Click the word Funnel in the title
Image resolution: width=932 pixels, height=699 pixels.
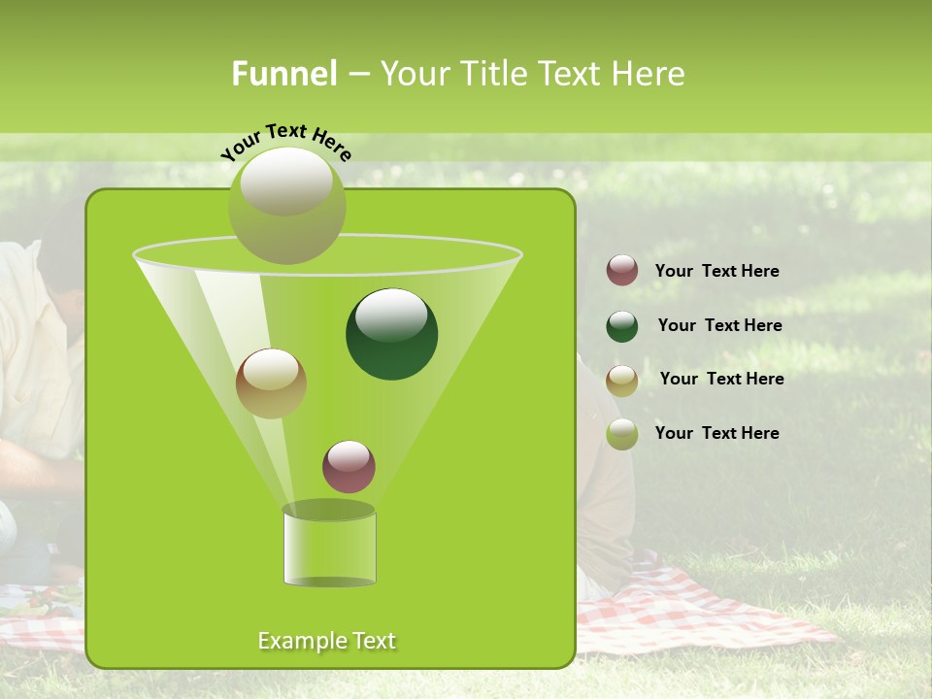coord(283,74)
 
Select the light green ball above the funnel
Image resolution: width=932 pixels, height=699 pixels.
coord(286,205)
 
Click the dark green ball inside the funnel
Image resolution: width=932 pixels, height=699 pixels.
coord(391,334)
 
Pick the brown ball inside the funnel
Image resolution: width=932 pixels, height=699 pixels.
coord(271,383)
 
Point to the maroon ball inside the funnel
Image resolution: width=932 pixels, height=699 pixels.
coord(349,467)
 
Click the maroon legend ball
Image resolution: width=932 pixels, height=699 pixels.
coord(622,271)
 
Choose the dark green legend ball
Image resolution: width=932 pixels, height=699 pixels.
coord(622,326)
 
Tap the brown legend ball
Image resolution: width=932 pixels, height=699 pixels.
coord(622,380)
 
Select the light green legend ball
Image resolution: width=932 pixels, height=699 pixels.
coord(622,434)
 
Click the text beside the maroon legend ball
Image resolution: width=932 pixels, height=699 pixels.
coord(716,271)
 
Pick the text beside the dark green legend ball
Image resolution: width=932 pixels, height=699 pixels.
coord(719,325)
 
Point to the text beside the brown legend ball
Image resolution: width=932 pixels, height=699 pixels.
coord(721,379)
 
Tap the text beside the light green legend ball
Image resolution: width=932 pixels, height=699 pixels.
coord(716,433)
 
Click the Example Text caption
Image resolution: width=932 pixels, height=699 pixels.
coord(326,641)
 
